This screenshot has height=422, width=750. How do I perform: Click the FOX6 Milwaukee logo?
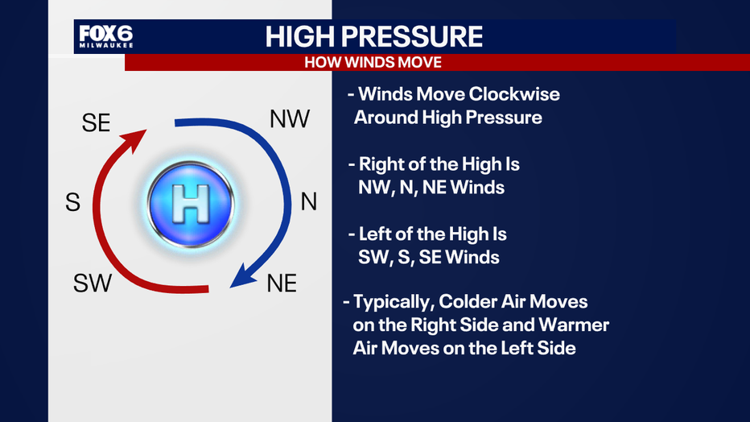(106, 36)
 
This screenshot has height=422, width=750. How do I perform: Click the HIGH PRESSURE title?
(374, 36)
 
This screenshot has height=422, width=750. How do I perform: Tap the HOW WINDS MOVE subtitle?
(373, 63)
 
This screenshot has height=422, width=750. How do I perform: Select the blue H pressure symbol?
(191, 205)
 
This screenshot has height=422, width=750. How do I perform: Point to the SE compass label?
(96, 123)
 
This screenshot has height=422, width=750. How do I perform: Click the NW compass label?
(290, 119)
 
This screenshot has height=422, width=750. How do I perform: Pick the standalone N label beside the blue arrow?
(309, 202)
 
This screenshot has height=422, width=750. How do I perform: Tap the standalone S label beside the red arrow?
(72, 202)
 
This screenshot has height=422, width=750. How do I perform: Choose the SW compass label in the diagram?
(93, 283)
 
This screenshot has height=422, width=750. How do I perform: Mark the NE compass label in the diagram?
(282, 283)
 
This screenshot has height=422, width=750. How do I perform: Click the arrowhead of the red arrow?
(134, 139)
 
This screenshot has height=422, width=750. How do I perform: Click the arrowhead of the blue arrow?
(243, 276)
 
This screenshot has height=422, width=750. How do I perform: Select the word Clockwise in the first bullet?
(514, 94)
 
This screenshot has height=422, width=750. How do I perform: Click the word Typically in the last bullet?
(394, 302)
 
